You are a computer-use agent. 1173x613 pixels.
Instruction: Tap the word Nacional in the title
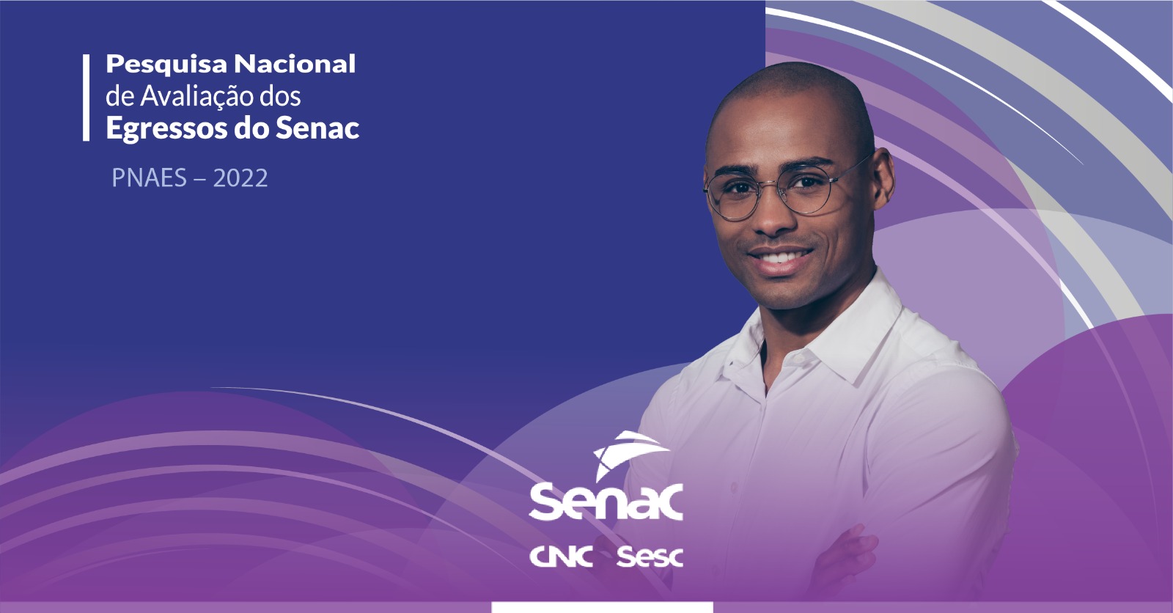pyautogui.click(x=295, y=63)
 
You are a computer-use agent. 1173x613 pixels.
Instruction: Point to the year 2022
pyautogui.click(x=240, y=178)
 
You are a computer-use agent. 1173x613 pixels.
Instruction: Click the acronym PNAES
pyautogui.click(x=150, y=178)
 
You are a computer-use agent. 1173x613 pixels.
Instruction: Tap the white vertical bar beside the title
pyautogui.click(x=86, y=98)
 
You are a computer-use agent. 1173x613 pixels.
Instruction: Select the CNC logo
pyautogui.click(x=561, y=557)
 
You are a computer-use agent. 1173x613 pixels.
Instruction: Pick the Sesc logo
pyautogui.click(x=650, y=557)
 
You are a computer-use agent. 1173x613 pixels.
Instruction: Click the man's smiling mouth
pyautogui.click(x=780, y=258)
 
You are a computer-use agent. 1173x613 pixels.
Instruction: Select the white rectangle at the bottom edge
pyautogui.click(x=602, y=607)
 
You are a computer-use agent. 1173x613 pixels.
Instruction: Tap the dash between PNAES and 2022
pyautogui.click(x=199, y=180)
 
